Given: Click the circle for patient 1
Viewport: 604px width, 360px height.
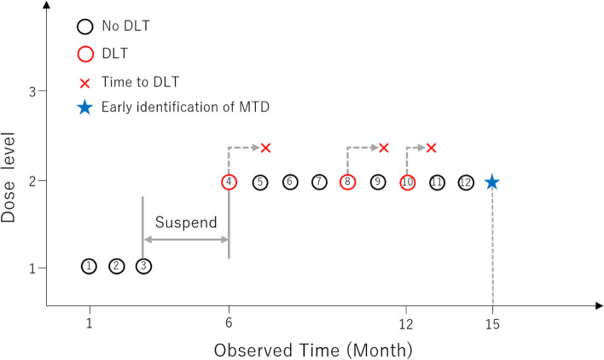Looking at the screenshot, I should tap(90, 267).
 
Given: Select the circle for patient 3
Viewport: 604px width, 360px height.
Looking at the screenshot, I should tap(144, 267).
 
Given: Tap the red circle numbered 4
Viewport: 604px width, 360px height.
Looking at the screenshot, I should tap(229, 182).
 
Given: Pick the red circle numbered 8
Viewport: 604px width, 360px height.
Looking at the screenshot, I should tap(347, 182).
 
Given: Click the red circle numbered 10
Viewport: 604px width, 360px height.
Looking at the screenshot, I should tap(407, 182).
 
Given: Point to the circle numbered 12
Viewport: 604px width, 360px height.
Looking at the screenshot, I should tap(466, 182).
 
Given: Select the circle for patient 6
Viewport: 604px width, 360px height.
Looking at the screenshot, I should tap(290, 182).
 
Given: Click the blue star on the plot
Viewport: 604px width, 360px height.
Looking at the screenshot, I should tap(492, 182).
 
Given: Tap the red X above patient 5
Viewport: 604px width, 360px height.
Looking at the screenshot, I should tap(265, 148).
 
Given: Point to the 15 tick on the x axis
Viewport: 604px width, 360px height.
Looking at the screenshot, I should tap(492, 323).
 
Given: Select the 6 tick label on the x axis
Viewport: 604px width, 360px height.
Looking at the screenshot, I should tap(229, 323).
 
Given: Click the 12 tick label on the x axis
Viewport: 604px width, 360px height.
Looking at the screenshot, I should tap(407, 323).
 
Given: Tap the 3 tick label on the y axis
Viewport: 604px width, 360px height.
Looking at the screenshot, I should tap(32, 91).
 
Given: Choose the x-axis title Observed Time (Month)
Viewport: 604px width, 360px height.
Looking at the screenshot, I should tap(313, 348).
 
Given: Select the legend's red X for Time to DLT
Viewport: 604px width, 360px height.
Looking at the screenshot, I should tap(84, 83).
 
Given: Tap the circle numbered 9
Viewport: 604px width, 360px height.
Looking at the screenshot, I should tap(378, 182).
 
